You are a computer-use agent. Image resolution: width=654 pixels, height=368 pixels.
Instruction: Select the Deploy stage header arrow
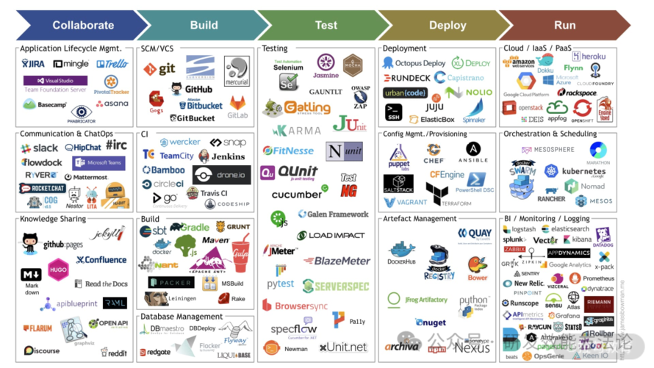click(x=448, y=25)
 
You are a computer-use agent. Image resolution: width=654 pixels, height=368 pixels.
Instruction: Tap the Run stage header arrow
click(x=564, y=25)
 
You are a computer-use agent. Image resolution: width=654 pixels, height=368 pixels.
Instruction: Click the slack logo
click(x=40, y=148)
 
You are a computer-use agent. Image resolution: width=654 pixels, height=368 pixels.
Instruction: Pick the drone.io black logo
click(x=221, y=175)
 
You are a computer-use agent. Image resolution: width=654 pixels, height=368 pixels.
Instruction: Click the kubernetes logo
click(x=578, y=171)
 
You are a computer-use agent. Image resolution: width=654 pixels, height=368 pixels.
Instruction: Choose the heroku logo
click(x=589, y=57)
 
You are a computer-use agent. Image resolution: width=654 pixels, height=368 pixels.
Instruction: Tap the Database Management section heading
click(x=182, y=317)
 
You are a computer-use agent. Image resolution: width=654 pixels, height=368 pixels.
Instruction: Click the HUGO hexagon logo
click(x=58, y=270)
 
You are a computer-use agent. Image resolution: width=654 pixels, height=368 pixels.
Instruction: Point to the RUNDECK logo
click(x=406, y=78)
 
